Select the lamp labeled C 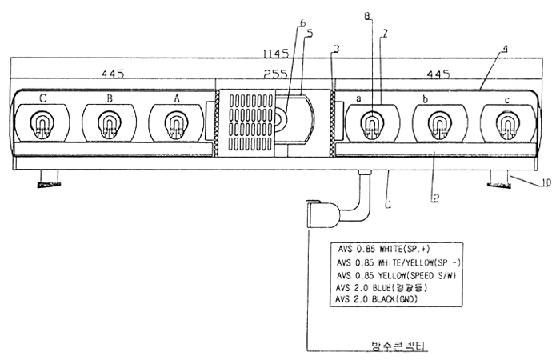pyautogui.click(x=42, y=123)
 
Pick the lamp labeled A pyautogui.click(x=174, y=123)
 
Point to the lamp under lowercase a pyautogui.click(x=370, y=123)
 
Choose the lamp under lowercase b pyautogui.click(x=437, y=123)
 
